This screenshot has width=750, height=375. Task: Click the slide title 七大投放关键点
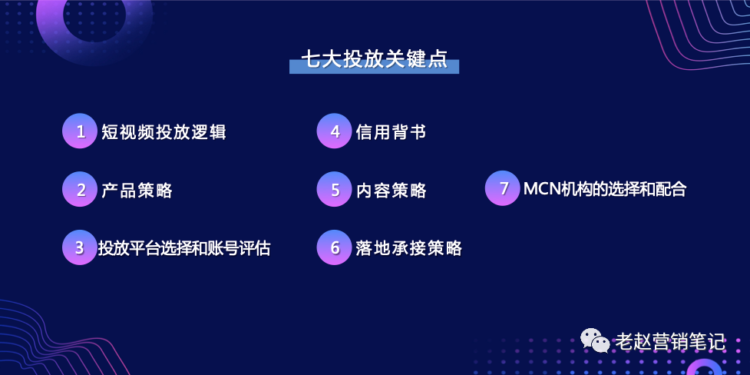(374, 59)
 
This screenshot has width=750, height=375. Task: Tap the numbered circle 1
(80, 131)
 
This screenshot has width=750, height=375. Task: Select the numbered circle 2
(80, 189)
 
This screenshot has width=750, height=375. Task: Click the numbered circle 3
(80, 247)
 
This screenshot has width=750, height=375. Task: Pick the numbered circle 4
(335, 131)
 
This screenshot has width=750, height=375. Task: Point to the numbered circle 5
(335, 189)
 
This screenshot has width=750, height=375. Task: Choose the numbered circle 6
(335, 247)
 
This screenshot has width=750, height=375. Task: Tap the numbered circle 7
(503, 188)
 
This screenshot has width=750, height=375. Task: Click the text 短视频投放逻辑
(164, 131)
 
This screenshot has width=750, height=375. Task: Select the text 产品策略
(137, 190)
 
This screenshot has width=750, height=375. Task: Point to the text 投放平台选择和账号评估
(184, 248)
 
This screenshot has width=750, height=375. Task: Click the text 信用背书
(392, 131)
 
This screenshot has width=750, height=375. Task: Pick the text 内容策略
(392, 190)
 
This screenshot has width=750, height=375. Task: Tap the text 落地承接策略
(409, 248)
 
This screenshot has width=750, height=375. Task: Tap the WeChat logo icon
(595, 340)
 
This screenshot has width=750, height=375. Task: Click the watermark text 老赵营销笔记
(671, 342)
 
